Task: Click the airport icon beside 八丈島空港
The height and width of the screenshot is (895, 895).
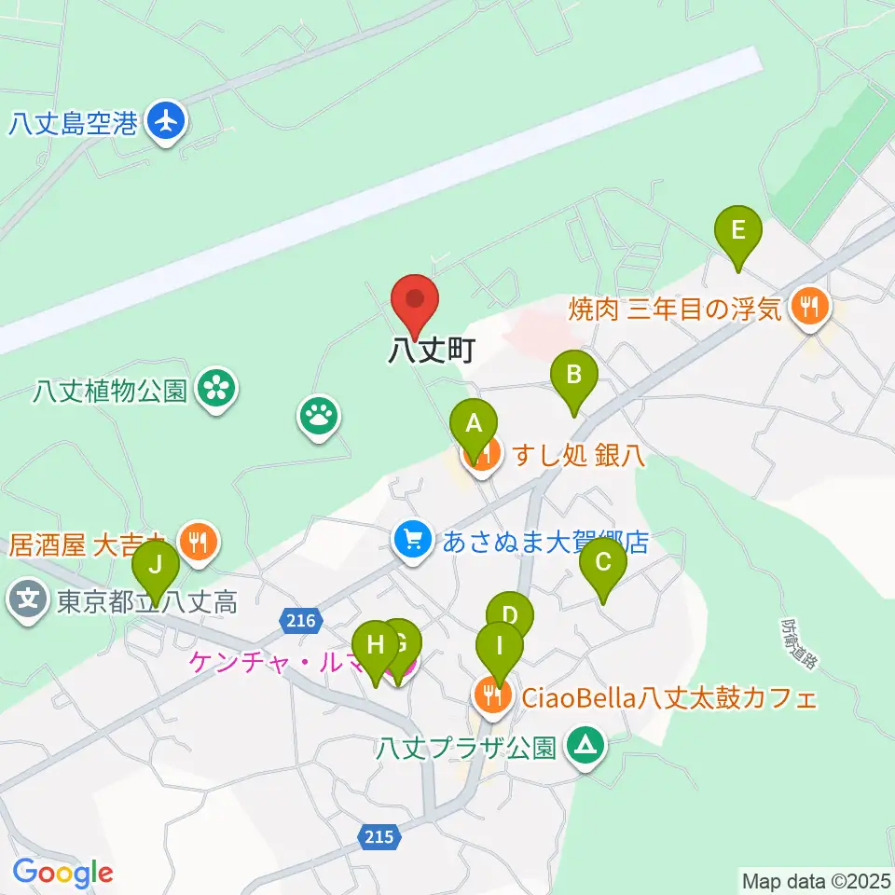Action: [168, 121]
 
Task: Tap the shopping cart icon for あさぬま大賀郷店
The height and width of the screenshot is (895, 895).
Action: [412, 538]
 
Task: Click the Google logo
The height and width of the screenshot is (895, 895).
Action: [62, 874]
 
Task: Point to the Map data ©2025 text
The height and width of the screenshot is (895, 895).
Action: [815, 880]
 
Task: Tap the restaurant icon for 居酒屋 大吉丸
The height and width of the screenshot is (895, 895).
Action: [198, 540]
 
